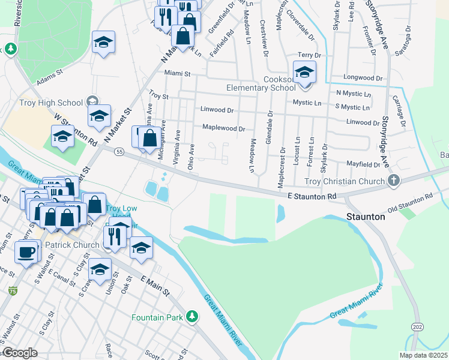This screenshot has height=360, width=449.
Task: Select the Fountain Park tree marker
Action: click(x=191, y=316)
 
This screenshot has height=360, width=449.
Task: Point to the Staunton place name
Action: click(x=366, y=217)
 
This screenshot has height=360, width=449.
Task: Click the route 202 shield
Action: click(x=416, y=326)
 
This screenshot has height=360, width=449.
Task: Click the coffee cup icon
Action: click(x=26, y=252)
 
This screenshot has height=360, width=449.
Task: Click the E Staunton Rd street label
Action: click(x=312, y=196)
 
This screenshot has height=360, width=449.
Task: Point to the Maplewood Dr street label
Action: click(x=223, y=128)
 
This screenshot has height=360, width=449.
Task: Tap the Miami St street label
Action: click(x=177, y=74)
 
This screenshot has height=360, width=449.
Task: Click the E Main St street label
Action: click(x=155, y=284)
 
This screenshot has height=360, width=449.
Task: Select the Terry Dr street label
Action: click(x=310, y=55)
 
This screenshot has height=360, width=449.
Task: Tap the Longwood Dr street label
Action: click(x=363, y=78)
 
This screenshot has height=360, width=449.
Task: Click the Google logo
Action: click(x=20, y=353)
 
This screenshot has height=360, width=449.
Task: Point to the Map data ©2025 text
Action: click(x=423, y=355)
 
